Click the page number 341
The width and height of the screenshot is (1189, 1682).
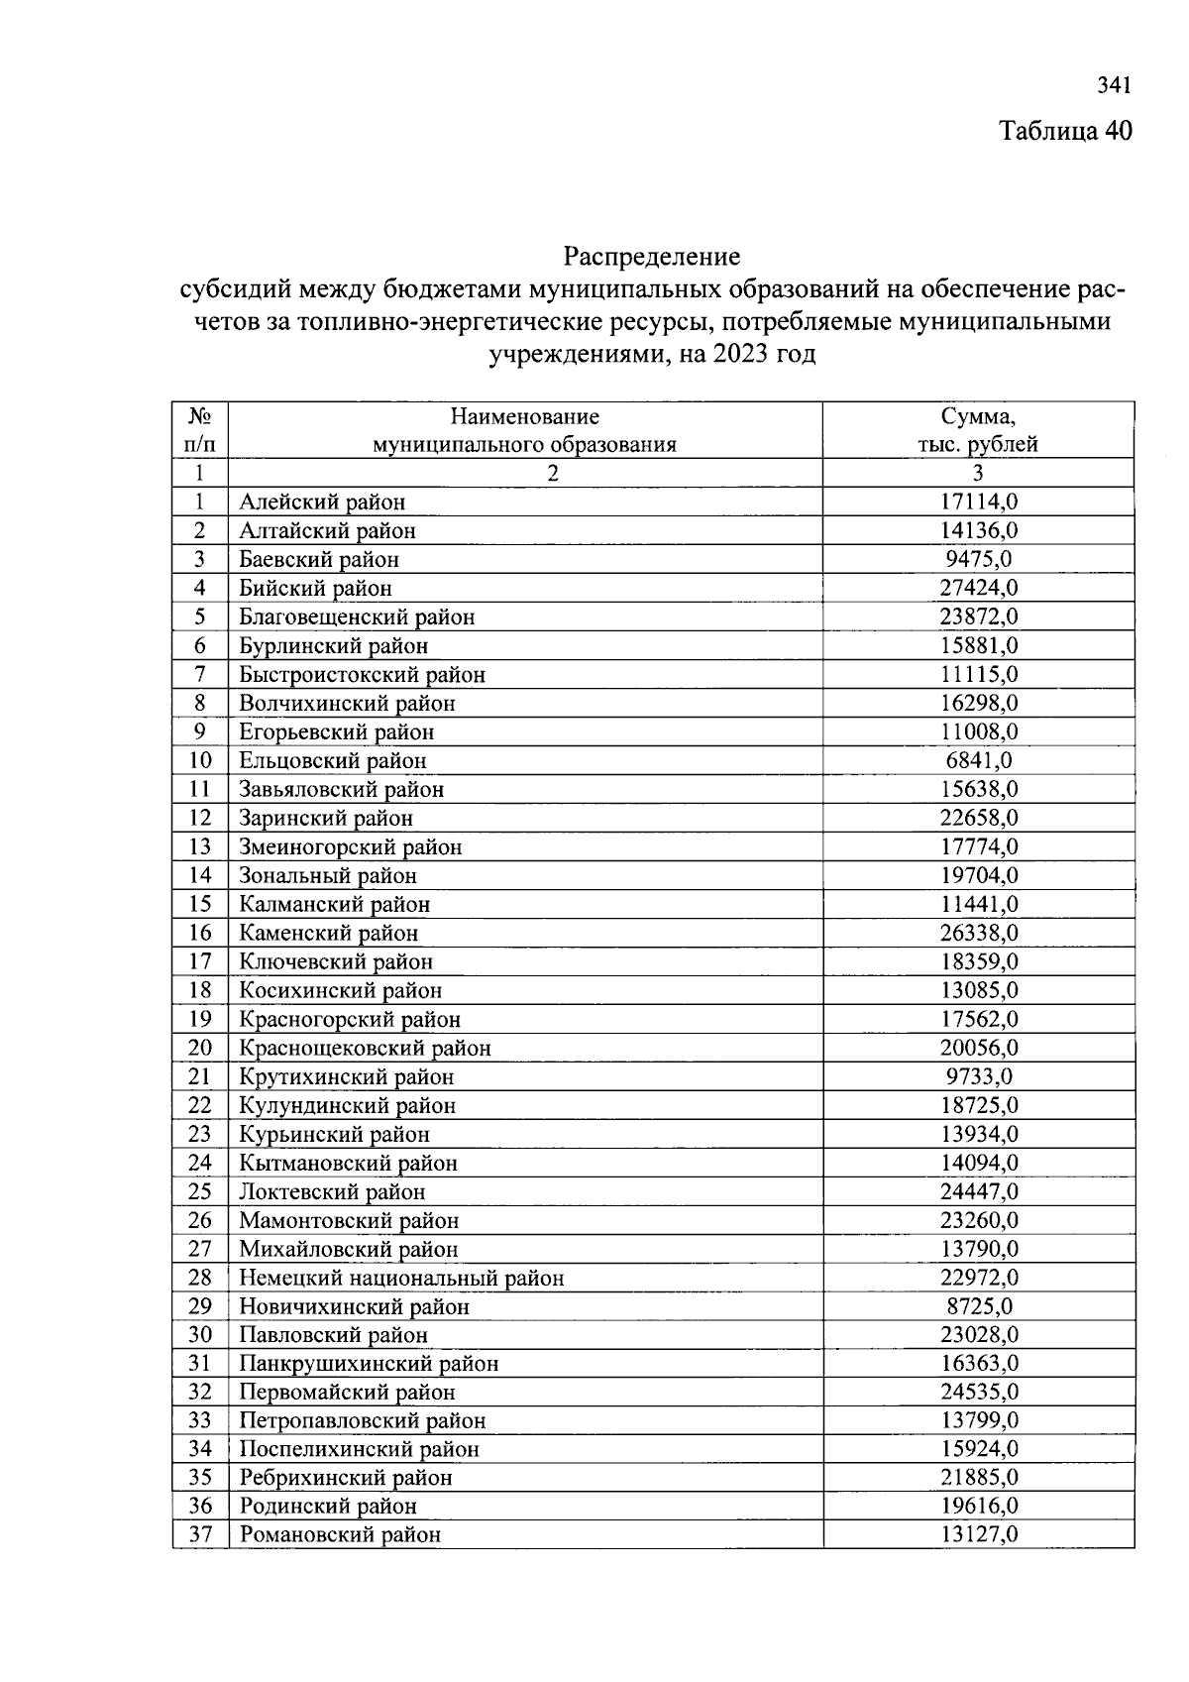pos(1113,86)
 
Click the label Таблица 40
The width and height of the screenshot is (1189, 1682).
pos(1064,131)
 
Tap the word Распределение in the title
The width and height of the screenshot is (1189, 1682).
pos(651,258)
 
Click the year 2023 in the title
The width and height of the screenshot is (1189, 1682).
pos(739,354)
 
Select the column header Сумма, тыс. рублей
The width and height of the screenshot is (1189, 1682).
pos(978,429)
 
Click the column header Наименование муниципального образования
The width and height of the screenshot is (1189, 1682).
pos(524,429)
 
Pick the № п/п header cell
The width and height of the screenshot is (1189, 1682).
pos(199,429)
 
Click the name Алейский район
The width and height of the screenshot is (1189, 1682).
pos(322,503)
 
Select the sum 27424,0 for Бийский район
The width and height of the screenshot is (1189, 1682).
pos(978,588)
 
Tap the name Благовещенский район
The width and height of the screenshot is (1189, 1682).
pos(357,617)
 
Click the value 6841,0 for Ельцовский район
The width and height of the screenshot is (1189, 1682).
pos(978,760)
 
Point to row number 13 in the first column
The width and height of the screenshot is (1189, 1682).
pos(199,846)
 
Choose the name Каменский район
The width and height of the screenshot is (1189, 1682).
pos(328,933)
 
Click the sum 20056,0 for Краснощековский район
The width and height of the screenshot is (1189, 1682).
pos(978,1048)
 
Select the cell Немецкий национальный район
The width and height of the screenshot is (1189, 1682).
pos(401,1278)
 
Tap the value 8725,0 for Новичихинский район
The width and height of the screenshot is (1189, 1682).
pos(978,1306)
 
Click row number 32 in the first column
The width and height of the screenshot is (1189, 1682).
pos(199,1392)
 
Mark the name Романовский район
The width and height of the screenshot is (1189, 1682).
pos(340,1534)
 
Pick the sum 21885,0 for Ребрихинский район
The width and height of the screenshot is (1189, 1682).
pos(978,1477)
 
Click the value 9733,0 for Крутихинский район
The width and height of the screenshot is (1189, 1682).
pos(978,1076)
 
